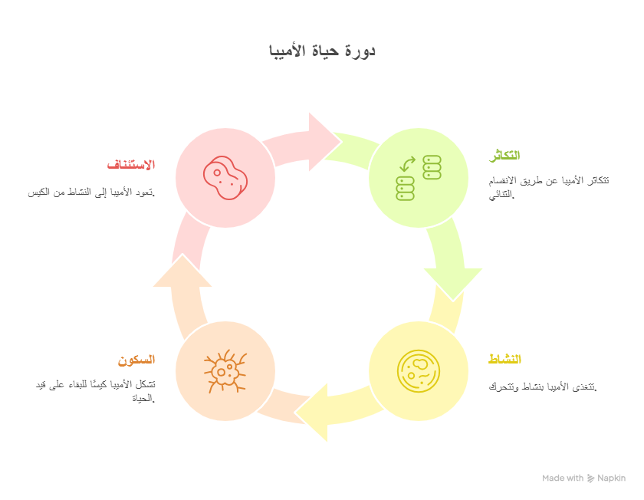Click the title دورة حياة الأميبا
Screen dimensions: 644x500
click(x=322, y=51)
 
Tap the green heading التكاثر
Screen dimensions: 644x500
click(x=504, y=156)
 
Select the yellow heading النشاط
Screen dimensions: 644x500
click(x=504, y=359)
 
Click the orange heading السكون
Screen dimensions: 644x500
click(x=136, y=360)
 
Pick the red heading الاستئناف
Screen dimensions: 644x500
click(x=131, y=165)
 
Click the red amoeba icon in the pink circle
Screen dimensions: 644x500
click(x=225, y=177)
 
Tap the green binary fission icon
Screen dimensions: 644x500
click(x=419, y=177)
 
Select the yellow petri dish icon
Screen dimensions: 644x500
click(x=419, y=371)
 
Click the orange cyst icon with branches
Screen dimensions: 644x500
click(x=225, y=371)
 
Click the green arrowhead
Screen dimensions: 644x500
click(x=453, y=284)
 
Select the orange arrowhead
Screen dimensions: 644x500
click(x=182, y=271)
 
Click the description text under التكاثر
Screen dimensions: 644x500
click(x=549, y=187)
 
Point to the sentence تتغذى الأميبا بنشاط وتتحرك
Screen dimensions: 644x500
click(x=543, y=387)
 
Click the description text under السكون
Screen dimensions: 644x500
click(x=95, y=391)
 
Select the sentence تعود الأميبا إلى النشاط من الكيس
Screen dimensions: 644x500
click(x=91, y=192)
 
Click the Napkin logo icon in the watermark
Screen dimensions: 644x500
click(x=590, y=479)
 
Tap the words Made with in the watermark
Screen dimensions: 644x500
click(x=563, y=479)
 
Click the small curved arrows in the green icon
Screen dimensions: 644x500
click(x=407, y=164)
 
